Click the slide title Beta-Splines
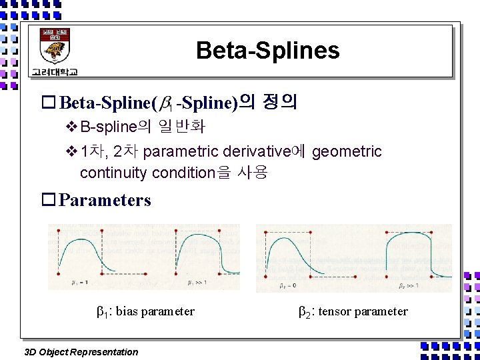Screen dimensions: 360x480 coord(267,51)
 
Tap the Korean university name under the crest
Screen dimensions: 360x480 coord(53,71)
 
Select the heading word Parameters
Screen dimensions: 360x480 coord(105,200)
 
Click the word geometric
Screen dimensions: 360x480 coord(347,151)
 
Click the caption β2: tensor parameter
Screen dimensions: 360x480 coord(354,311)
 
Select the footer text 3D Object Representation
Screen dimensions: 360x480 coord(81,352)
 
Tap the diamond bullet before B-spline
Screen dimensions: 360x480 coord(72,126)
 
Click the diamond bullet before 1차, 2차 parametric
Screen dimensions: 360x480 coord(72,151)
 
